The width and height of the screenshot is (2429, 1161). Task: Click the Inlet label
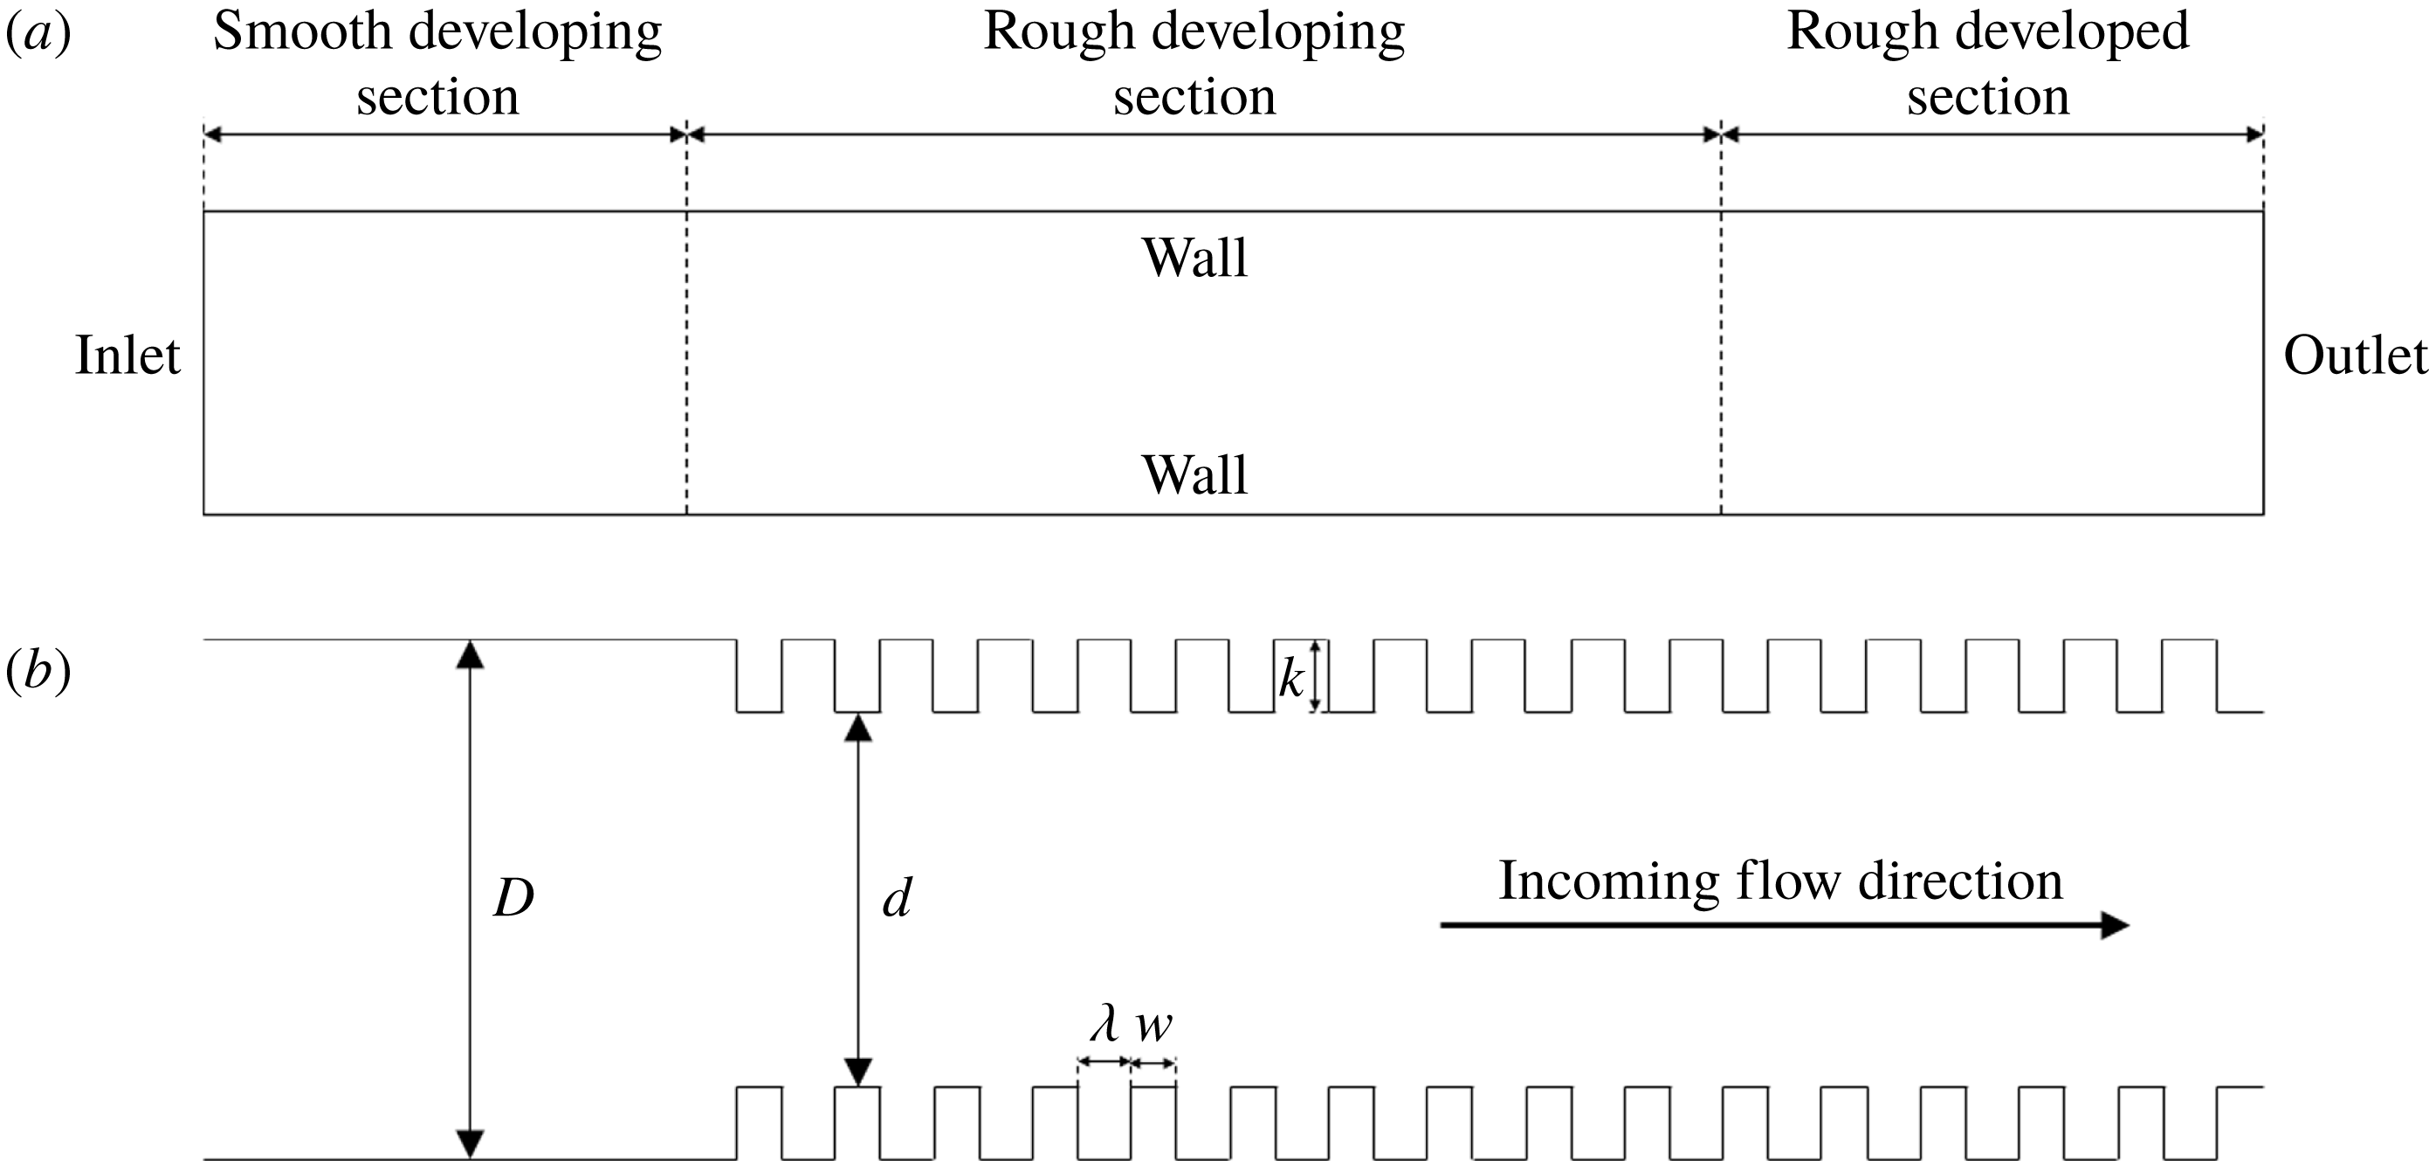[127, 356]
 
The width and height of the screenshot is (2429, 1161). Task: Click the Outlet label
[2354, 356]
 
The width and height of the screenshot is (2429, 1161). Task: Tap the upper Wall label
[1194, 258]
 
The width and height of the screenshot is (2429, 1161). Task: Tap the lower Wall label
[1194, 474]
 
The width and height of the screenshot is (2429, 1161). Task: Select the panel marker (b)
[38, 672]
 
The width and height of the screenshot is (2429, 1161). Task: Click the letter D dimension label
[514, 899]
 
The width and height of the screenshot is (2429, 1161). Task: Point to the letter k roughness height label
[1290, 678]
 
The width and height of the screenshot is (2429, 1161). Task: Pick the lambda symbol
[1104, 1024]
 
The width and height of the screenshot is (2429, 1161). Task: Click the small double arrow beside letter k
[1317, 675]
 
